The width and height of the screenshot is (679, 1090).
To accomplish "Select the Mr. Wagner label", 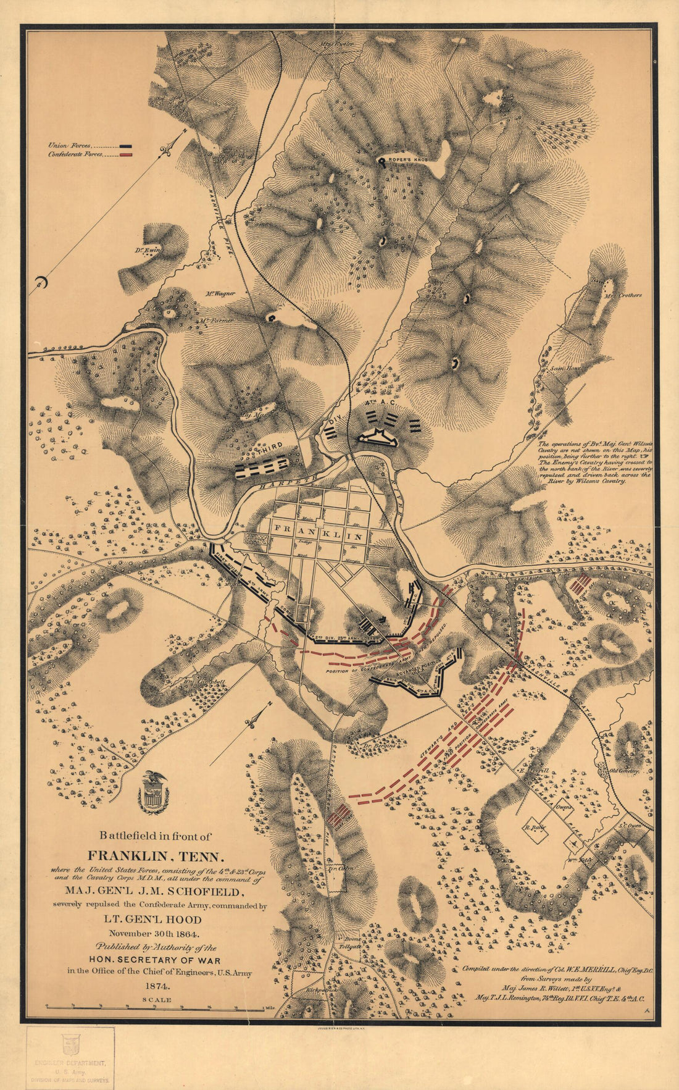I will pos(220,294).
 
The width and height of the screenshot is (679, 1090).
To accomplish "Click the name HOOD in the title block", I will pos(184,920).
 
